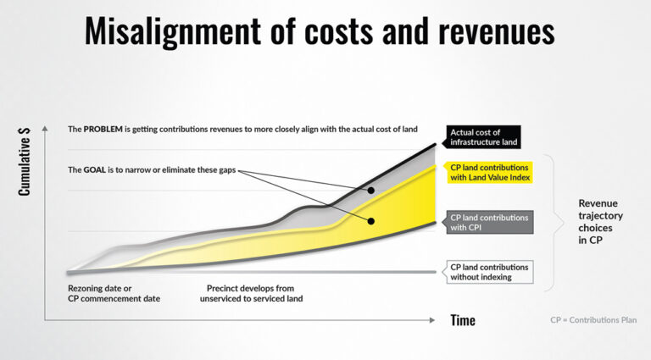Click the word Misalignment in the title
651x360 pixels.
coord(173,31)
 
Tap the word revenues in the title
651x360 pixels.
coord(496,31)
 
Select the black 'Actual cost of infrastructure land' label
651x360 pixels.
coord(484,137)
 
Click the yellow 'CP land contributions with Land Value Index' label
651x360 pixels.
coord(490,173)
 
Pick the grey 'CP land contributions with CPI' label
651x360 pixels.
coord(490,222)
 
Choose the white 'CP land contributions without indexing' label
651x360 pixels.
coord(490,272)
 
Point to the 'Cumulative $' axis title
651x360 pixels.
coord(24,161)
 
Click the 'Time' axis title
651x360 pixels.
coord(463,320)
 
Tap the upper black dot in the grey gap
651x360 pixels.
coord(371,191)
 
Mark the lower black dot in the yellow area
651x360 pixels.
coord(371,221)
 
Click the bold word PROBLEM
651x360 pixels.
coord(103,129)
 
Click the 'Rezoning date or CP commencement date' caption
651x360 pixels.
coord(114,293)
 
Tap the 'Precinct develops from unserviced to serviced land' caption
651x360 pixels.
coord(251,293)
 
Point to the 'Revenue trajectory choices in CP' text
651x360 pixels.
coord(600,221)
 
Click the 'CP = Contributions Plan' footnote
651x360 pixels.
coord(593,320)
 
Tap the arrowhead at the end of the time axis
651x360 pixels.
coord(432,320)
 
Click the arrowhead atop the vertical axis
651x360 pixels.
coord(45,129)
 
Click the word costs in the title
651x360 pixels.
coord(338,31)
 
